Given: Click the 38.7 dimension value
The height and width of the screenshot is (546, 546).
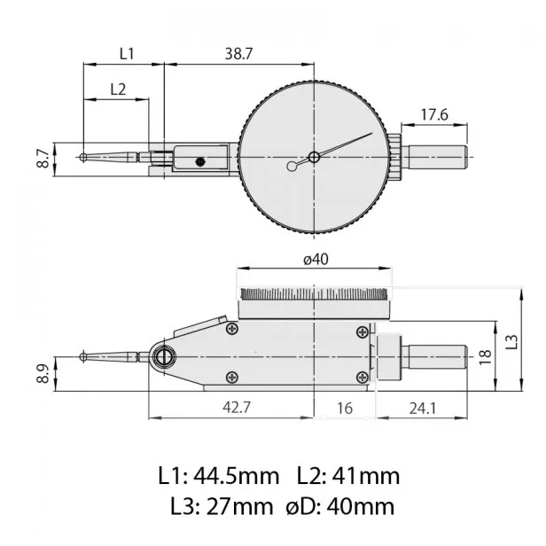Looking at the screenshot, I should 238,53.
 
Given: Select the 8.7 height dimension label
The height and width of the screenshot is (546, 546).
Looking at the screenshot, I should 42,160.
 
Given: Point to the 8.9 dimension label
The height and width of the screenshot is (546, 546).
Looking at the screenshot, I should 42,373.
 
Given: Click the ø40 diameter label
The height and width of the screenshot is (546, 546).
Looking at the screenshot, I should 316,259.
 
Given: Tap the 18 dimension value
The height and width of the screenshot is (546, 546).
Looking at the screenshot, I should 485,356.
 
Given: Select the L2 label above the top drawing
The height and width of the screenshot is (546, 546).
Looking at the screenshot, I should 118,89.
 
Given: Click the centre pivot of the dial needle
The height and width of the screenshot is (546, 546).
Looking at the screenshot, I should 314,158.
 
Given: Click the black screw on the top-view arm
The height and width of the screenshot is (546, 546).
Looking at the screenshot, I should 201,161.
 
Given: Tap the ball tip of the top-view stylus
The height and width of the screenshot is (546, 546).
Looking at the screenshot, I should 82,158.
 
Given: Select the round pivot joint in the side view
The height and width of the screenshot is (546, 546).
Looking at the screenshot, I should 163,357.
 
